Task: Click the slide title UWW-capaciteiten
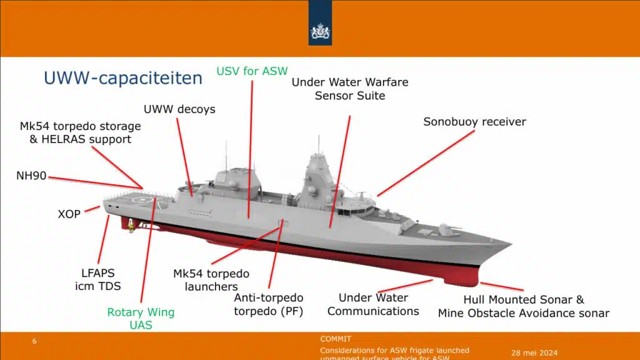122,78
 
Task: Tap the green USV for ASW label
252,71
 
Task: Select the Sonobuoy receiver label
474,122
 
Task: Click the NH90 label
31,176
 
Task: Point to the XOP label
69,214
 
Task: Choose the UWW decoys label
179,109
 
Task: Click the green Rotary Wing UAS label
141,318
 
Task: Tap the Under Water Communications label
373,304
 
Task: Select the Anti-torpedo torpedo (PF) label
268,304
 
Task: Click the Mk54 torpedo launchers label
211,280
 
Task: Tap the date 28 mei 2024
534,352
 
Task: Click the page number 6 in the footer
35,341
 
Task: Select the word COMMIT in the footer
336,339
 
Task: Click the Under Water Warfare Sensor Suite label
350,89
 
